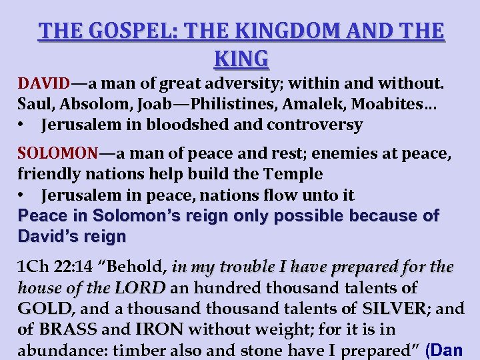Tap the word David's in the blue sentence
43,236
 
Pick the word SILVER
393,309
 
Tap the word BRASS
69,329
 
